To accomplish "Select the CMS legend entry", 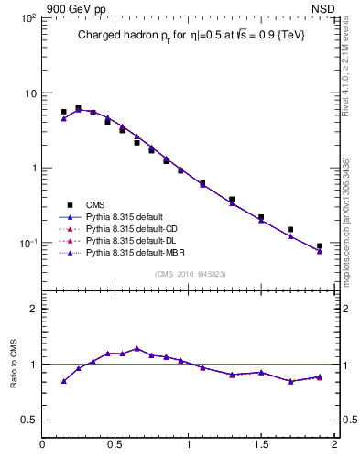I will [95, 204].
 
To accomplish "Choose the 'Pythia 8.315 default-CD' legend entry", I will [132, 227].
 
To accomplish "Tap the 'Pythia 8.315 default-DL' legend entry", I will [132, 239].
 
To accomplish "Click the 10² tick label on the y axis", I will [27, 18].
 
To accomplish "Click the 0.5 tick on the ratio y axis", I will [28, 420].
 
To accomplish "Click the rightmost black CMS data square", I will [320, 246].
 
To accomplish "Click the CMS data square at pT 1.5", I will [261, 217].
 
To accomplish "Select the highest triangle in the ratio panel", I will [136, 348].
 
